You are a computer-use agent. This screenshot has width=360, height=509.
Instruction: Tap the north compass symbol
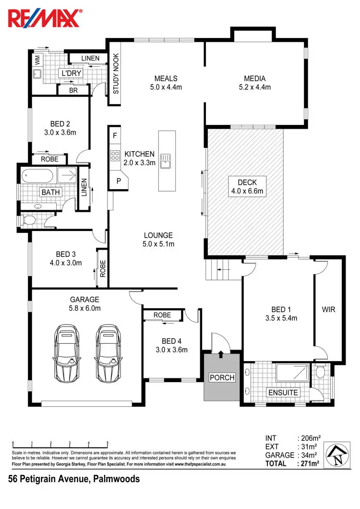pyautogui.click(x=338, y=454)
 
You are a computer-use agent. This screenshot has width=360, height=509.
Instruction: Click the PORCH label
pyautogui.click(x=222, y=377)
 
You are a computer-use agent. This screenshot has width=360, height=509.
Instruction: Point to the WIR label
pyautogui.click(x=328, y=310)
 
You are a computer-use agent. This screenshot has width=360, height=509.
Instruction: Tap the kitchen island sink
pyautogui.click(x=166, y=160)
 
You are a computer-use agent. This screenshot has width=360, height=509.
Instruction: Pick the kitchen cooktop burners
pyautogui.click(x=115, y=155)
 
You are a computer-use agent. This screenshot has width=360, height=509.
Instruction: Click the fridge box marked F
pyautogui.click(x=114, y=135)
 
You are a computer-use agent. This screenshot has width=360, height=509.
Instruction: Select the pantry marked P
pyautogui.click(x=118, y=181)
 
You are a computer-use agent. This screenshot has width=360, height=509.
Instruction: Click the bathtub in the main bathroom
pyautogui.click(x=38, y=175)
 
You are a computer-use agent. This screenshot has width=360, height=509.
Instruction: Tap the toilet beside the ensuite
pyautogui.click(x=321, y=371)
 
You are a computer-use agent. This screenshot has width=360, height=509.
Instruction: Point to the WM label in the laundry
pyautogui.click(x=37, y=60)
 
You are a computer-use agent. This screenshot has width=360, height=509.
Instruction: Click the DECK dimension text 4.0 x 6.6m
pyautogui.click(x=247, y=191)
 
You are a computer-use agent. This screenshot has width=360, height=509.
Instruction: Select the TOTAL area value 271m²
pyautogui.click(x=310, y=463)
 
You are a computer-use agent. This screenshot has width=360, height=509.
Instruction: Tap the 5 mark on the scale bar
pyautogui.click(x=108, y=443)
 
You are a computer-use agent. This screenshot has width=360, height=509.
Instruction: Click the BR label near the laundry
pyautogui.click(x=73, y=90)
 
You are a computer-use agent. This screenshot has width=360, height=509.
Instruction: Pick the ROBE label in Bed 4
pyautogui.click(x=162, y=315)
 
